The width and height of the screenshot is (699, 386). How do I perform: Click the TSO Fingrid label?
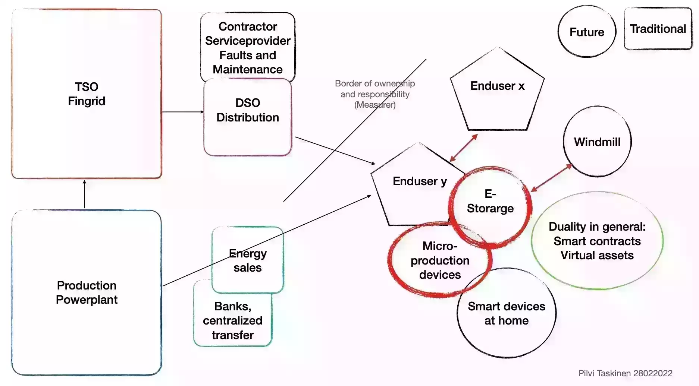87,94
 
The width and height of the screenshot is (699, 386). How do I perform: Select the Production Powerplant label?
87,292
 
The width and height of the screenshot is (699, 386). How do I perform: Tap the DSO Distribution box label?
248,110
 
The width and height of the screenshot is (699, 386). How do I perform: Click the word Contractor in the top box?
248,26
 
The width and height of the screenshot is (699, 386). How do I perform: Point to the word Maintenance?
248,69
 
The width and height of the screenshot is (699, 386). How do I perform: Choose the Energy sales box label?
248,260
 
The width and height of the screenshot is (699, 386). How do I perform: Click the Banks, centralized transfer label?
233,320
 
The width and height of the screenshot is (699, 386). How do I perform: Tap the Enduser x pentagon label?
497,86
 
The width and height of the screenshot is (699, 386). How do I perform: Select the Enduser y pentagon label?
420,181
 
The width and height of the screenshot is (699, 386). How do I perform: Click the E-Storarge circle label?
490,201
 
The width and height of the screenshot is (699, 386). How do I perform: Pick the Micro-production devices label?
440,260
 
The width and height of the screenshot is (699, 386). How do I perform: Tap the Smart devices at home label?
506,313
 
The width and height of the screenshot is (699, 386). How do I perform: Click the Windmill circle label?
597,142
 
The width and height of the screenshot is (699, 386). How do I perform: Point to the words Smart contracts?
597,241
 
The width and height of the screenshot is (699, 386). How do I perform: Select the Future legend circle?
587,32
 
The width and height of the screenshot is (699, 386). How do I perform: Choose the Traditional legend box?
658,29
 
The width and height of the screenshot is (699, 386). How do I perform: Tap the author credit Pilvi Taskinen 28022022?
625,373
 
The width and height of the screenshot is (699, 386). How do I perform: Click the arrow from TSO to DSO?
183,112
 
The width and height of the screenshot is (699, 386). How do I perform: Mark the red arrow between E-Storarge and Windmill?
551,178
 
